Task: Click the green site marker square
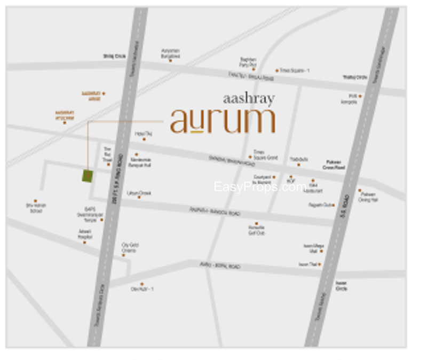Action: coord(88,176)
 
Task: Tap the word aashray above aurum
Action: coord(249,98)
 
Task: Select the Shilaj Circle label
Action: coord(114,56)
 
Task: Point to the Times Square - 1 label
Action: coord(295,71)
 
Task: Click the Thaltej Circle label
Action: coord(355,77)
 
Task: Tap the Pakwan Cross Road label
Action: coord(334,165)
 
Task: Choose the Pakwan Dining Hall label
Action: coord(369,197)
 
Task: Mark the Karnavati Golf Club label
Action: coord(257,231)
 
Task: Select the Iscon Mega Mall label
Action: coord(313,248)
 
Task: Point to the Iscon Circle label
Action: coord(341,286)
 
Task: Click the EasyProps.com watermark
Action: coord(260,187)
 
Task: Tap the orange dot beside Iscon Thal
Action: coord(321,264)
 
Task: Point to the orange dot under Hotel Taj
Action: coord(144,139)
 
